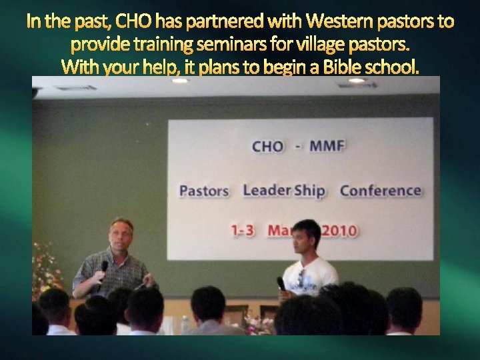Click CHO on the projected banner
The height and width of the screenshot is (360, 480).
[x=267, y=146]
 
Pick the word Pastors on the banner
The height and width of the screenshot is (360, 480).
[x=204, y=191]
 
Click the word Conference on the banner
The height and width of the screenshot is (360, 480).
[x=380, y=191]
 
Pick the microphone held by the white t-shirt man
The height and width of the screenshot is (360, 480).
[x=281, y=283]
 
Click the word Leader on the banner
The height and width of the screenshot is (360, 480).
[x=267, y=190]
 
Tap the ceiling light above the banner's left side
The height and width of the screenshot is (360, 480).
[x=180, y=81]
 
